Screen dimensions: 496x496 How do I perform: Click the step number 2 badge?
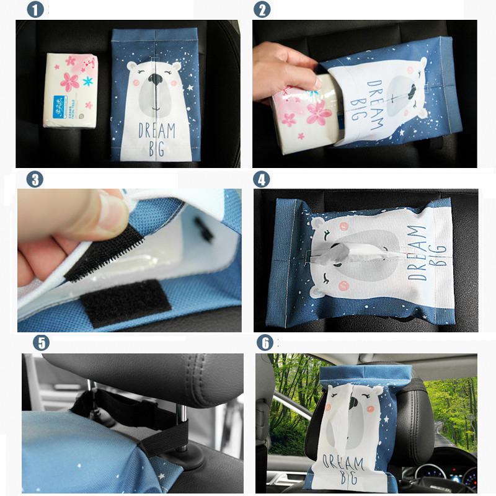[x=262, y=9]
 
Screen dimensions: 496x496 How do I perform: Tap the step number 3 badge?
[x=35, y=180]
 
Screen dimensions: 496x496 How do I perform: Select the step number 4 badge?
[x=262, y=180]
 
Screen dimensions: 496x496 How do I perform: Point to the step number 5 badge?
[x=42, y=343]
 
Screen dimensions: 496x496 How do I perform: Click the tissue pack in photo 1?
[x=72, y=90]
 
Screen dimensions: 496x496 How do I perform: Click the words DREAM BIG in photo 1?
[x=156, y=138]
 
